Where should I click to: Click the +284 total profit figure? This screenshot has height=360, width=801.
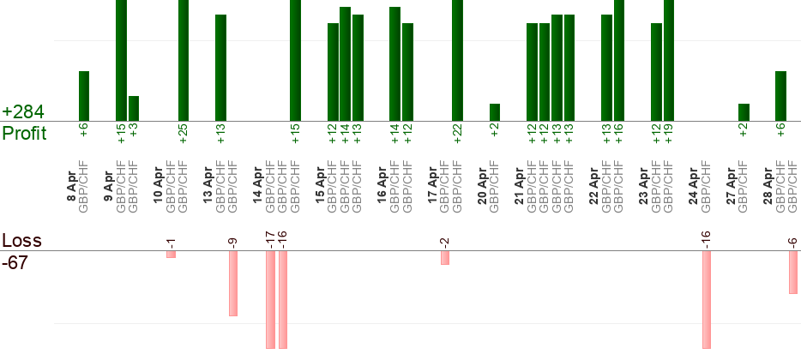(24, 112)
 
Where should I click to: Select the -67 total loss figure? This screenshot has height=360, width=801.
(15, 262)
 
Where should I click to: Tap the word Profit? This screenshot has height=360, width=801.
(25, 133)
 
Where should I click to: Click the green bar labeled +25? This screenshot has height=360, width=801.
(183, 60)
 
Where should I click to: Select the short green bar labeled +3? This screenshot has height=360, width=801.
(134, 108)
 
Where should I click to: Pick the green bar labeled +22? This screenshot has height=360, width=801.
(457, 60)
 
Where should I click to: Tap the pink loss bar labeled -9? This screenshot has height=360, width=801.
(232, 283)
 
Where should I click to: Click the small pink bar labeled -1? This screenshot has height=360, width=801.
(171, 254)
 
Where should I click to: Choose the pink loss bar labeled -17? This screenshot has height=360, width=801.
(270, 299)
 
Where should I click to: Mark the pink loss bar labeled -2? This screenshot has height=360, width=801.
(444, 257)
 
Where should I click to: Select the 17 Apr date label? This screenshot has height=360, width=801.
(432, 185)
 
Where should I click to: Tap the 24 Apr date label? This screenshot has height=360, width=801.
(694, 185)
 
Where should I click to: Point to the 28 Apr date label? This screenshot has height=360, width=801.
(768, 185)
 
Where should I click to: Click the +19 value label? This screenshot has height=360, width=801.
(669, 133)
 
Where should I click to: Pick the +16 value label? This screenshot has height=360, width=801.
(619, 133)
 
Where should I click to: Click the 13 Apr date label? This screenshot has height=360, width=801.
(208, 185)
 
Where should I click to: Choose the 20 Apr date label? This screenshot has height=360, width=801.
(482, 185)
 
